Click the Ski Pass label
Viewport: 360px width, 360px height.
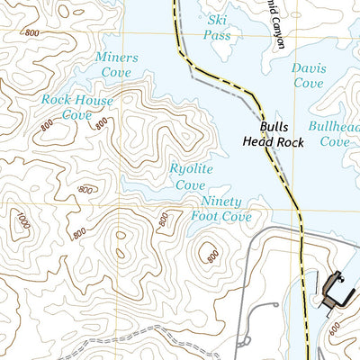point(217,26)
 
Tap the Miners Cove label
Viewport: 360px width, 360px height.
point(117,65)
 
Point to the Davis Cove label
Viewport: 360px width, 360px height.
point(308,76)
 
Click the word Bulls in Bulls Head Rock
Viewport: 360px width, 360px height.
point(275,128)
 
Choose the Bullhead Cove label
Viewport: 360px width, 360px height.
point(334,134)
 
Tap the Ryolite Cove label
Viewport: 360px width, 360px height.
point(189,176)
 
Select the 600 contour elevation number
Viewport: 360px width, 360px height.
point(334,330)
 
